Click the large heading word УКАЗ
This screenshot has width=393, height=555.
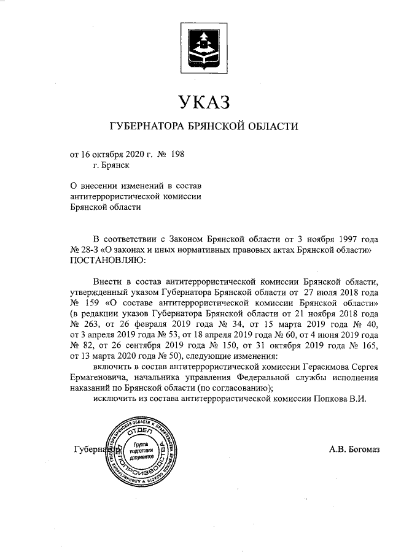[203, 101]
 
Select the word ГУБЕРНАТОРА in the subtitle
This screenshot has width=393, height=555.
[147, 127]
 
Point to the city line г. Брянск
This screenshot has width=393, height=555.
[111, 164]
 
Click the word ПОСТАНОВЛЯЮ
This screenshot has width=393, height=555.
[107, 261]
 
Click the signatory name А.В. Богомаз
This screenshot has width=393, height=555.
[355, 450]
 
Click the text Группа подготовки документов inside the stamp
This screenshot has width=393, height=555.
[141, 450]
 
